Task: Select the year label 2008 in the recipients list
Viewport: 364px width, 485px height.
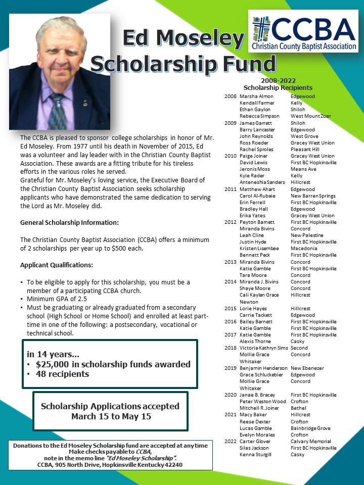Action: [x=230, y=96]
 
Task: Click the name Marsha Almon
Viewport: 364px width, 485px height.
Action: [x=256, y=96]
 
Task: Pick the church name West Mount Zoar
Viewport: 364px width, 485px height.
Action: [x=310, y=116]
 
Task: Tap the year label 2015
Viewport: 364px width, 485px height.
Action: [x=230, y=308]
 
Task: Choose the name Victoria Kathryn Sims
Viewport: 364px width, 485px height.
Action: [x=263, y=348]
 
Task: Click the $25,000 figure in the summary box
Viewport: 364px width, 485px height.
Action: [x=52, y=364]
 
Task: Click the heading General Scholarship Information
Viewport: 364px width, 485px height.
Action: [x=70, y=222]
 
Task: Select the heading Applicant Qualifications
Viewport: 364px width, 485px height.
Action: [x=57, y=265]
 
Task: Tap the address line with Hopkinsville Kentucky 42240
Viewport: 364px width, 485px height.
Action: [x=110, y=464]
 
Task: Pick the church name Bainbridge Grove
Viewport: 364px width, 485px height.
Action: [x=310, y=428]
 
